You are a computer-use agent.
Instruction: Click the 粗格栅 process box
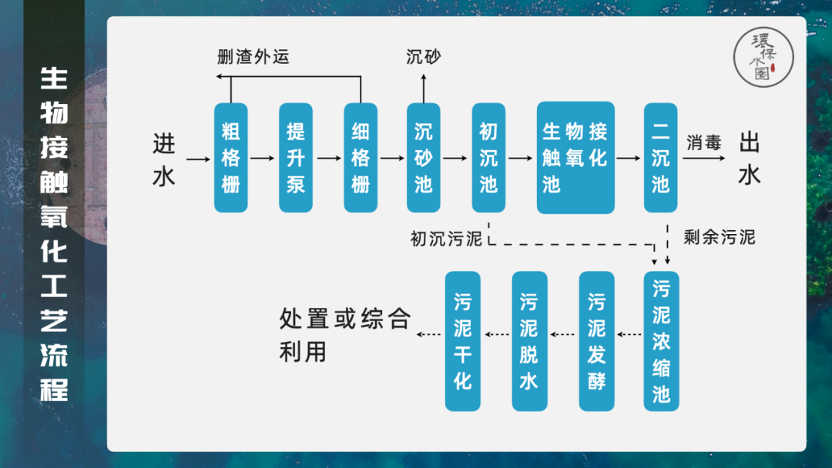(x=231, y=158)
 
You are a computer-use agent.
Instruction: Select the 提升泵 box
(x=296, y=158)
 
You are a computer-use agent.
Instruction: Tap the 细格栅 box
(x=361, y=158)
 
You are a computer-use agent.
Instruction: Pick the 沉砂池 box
(x=424, y=158)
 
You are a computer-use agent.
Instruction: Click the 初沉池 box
(x=488, y=158)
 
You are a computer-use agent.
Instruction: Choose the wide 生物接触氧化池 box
(x=575, y=158)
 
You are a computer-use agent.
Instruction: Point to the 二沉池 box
(x=660, y=158)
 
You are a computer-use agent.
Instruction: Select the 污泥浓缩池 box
(x=661, y=341)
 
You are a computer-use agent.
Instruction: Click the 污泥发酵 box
(x=596, y=341)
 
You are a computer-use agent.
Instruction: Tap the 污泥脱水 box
(x=529, y=341)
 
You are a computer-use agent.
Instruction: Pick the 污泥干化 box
(x=463, y=341)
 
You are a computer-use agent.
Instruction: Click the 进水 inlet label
(x=164, y=159)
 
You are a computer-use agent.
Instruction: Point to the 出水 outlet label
(x=750, y=159)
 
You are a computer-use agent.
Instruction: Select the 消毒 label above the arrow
(x=703, y=142)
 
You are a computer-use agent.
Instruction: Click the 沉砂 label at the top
(x=424, y=57)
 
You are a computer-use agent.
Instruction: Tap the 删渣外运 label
(x=253, y=57)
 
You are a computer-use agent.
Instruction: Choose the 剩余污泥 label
(x=720, y=237)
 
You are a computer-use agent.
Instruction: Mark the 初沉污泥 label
(x=446, y=239)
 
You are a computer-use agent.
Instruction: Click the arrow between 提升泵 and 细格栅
(x=328, y=159)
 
